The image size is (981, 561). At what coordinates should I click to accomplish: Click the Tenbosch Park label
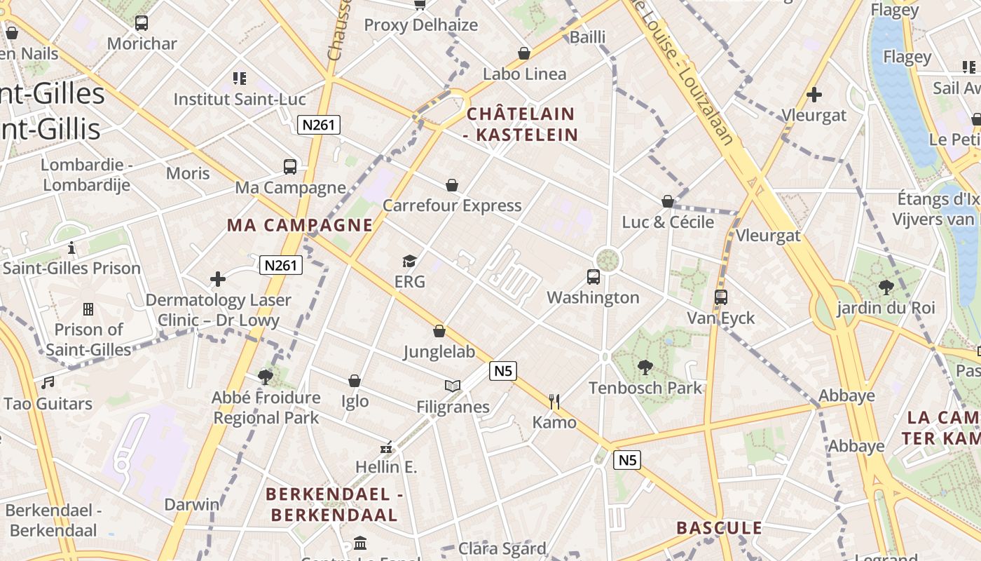point(645,388)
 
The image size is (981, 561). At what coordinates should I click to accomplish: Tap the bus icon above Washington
point(594,276)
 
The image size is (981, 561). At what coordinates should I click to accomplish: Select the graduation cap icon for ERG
point(410,262)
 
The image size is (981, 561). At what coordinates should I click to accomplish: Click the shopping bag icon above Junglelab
point(439,331)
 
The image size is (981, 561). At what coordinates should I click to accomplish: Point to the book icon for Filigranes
point(453,386)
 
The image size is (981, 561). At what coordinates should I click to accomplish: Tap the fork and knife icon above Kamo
point(554,401)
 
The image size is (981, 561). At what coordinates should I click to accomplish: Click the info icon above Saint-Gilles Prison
point(71,248)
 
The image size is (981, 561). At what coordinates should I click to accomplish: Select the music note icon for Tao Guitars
point(48,383)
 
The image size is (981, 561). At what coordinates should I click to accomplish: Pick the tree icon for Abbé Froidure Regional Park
point(266,377)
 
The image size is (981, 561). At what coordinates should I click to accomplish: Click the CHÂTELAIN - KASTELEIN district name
point(522,124)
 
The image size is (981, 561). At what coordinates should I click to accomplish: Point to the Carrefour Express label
point(452,205)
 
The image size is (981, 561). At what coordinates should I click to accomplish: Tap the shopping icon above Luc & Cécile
point(668,201)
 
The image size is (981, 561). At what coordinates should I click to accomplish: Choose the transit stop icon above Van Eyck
point(721,297)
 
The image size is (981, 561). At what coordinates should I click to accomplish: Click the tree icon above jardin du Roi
point(886,287)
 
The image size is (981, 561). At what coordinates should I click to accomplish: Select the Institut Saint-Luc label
point(240,99)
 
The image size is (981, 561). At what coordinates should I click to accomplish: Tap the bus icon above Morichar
point(142,22)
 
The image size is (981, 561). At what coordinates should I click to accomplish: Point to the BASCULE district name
point(719,528)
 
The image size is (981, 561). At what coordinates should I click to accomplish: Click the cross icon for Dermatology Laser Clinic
point(218,279)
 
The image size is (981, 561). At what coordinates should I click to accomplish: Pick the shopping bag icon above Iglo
point(355,381)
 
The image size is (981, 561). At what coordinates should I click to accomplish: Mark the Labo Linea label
point(524,74)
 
